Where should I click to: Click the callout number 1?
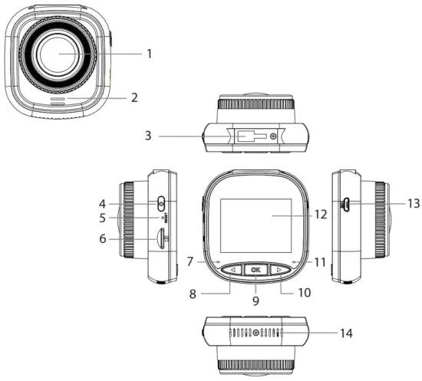click(150, 54)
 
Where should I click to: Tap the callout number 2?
click(134, 97)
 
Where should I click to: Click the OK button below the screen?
click(256, 269)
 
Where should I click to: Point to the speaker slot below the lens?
click(58, 99)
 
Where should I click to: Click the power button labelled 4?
click(160, 204)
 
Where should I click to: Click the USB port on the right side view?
click(346, 205)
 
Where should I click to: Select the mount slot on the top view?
click(250, 136)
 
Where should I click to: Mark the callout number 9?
click(255, 301)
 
